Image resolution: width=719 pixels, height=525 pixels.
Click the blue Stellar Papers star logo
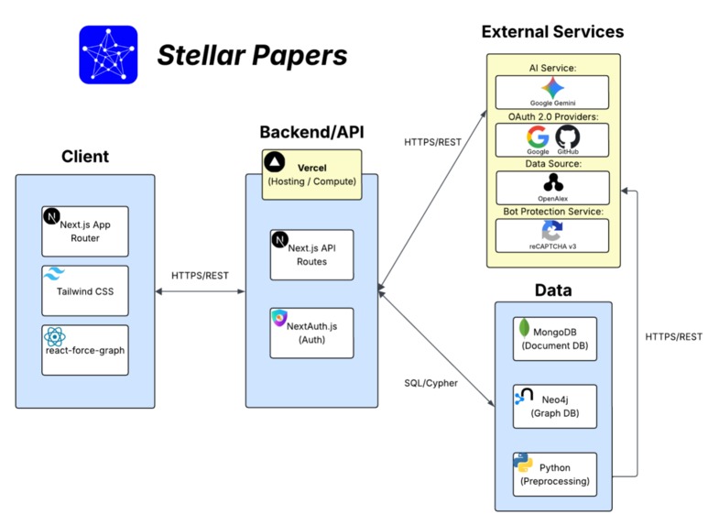coord(108,55)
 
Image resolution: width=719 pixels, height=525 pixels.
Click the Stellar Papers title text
coord(252,56)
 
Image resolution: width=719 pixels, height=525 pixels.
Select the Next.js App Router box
coord(85,231)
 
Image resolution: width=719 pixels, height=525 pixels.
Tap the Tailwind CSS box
coord(85,290)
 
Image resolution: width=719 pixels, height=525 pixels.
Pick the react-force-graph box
coord(85,349)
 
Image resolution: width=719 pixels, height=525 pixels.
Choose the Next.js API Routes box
coord(311,255)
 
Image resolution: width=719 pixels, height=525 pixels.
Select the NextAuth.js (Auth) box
coord(311,333)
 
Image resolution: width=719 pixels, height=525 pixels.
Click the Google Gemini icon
coord(552,88)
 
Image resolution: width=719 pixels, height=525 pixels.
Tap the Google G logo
coord(538,138)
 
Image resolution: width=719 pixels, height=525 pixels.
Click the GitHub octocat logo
coord(568,138)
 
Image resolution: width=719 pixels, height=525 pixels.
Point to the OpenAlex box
coord(552,187)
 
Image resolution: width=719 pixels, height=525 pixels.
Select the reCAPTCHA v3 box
coord(552,235)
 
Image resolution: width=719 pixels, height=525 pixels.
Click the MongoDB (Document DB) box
coord(554,339)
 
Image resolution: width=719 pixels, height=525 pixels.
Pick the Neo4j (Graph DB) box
coord(554,406)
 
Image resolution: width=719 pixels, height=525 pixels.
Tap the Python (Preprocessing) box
coord(554,474)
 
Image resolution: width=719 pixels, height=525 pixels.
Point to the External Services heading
coord(552,32)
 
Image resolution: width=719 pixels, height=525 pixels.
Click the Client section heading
coord(85,157)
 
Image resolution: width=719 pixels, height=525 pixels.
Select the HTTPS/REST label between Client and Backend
coord(201,275)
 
